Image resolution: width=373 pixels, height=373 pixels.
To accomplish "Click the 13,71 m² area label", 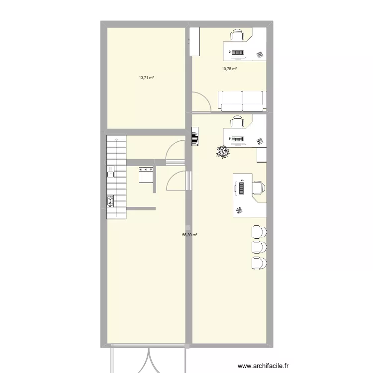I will pyautogui.click(x=146, y=78).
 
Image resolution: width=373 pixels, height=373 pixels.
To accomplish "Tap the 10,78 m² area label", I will pyautogui.click(x=229, y=69).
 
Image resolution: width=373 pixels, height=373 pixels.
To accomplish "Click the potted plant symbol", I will pyautogui.click(x=222, y=151).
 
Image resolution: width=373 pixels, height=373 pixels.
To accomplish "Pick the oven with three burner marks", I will pyautogui.click(x=146, y=175).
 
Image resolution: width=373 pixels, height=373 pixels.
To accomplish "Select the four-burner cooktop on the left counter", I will pyautogui.click(x=110, y=201).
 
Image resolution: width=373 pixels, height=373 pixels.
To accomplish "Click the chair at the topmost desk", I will pyautogui.click(x=238, y=35).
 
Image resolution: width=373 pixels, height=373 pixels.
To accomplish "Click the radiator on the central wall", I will pyautogui.click(x=195, y=137).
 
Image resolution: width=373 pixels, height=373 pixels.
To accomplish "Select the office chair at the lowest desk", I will pyautogui.click(x=258, y=188).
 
